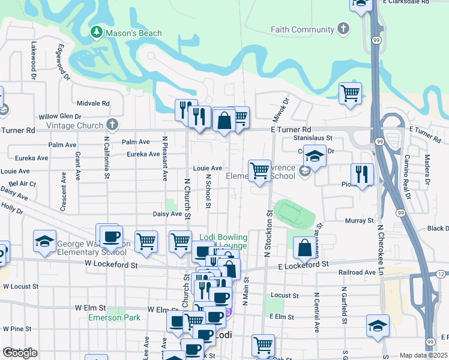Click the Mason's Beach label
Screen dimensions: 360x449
[x=134, y=33]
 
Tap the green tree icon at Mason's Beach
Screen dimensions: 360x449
[x=95, y=32]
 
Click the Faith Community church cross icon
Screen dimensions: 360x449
[x=343, y=29]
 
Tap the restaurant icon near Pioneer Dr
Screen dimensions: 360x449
[x=362, y=174]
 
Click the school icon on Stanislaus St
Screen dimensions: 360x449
[x=315, y=156]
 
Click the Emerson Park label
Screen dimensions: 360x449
[x=114, y=317]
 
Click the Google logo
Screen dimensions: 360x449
[x=19, y=353]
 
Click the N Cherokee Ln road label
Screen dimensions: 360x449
[x=380, y=247]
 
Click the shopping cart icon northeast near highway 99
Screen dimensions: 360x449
[x=351, y=93]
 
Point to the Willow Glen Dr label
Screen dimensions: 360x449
[x=59, y=116]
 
